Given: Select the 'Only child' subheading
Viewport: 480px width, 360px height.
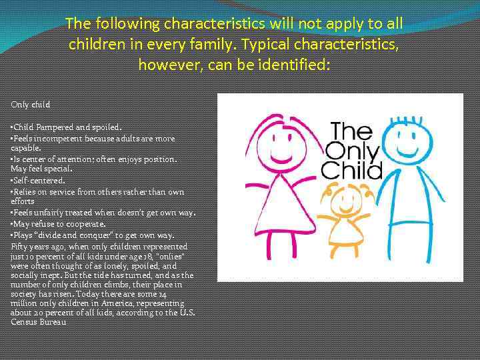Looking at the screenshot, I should tap(31, 105).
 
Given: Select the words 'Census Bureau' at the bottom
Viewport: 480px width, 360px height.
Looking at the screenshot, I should tap(39, 322).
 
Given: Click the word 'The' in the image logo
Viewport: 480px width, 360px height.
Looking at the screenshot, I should tap(351, 129).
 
